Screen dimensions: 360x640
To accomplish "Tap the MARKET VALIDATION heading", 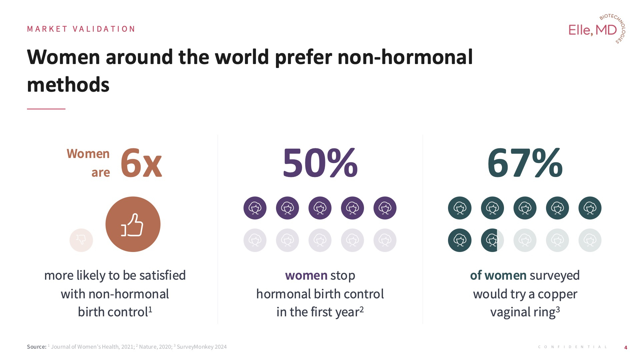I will (x=81, y=29).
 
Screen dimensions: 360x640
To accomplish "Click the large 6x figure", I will (x=141, y=163).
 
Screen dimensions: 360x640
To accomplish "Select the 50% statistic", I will (x=320, y=163).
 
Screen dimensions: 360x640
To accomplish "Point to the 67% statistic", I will (x=525, y=163).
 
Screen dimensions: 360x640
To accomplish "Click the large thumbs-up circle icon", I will (x=133, y=224).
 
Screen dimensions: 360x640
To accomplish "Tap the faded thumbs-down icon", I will (x=81, y=240).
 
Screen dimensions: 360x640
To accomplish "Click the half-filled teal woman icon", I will (x=492, y=240).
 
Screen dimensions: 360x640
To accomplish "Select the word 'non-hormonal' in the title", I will (x=405, y=57).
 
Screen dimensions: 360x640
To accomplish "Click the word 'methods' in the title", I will (x=68, y=85).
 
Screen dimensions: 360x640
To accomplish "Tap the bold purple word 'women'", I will (x=306, y=275).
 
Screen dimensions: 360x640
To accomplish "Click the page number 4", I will (x=626, y=347).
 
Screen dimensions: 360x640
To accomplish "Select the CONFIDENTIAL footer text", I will (x=572, y=347).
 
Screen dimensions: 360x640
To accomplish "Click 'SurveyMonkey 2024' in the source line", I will (x=201, y=347).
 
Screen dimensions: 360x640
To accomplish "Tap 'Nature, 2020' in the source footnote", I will (x=155, y=347).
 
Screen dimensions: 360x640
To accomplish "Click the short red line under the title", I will (x=46, y=109).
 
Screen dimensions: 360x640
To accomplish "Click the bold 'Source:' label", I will (x=37, y=347).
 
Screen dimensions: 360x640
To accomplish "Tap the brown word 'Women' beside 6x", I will (x=88, y=154).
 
